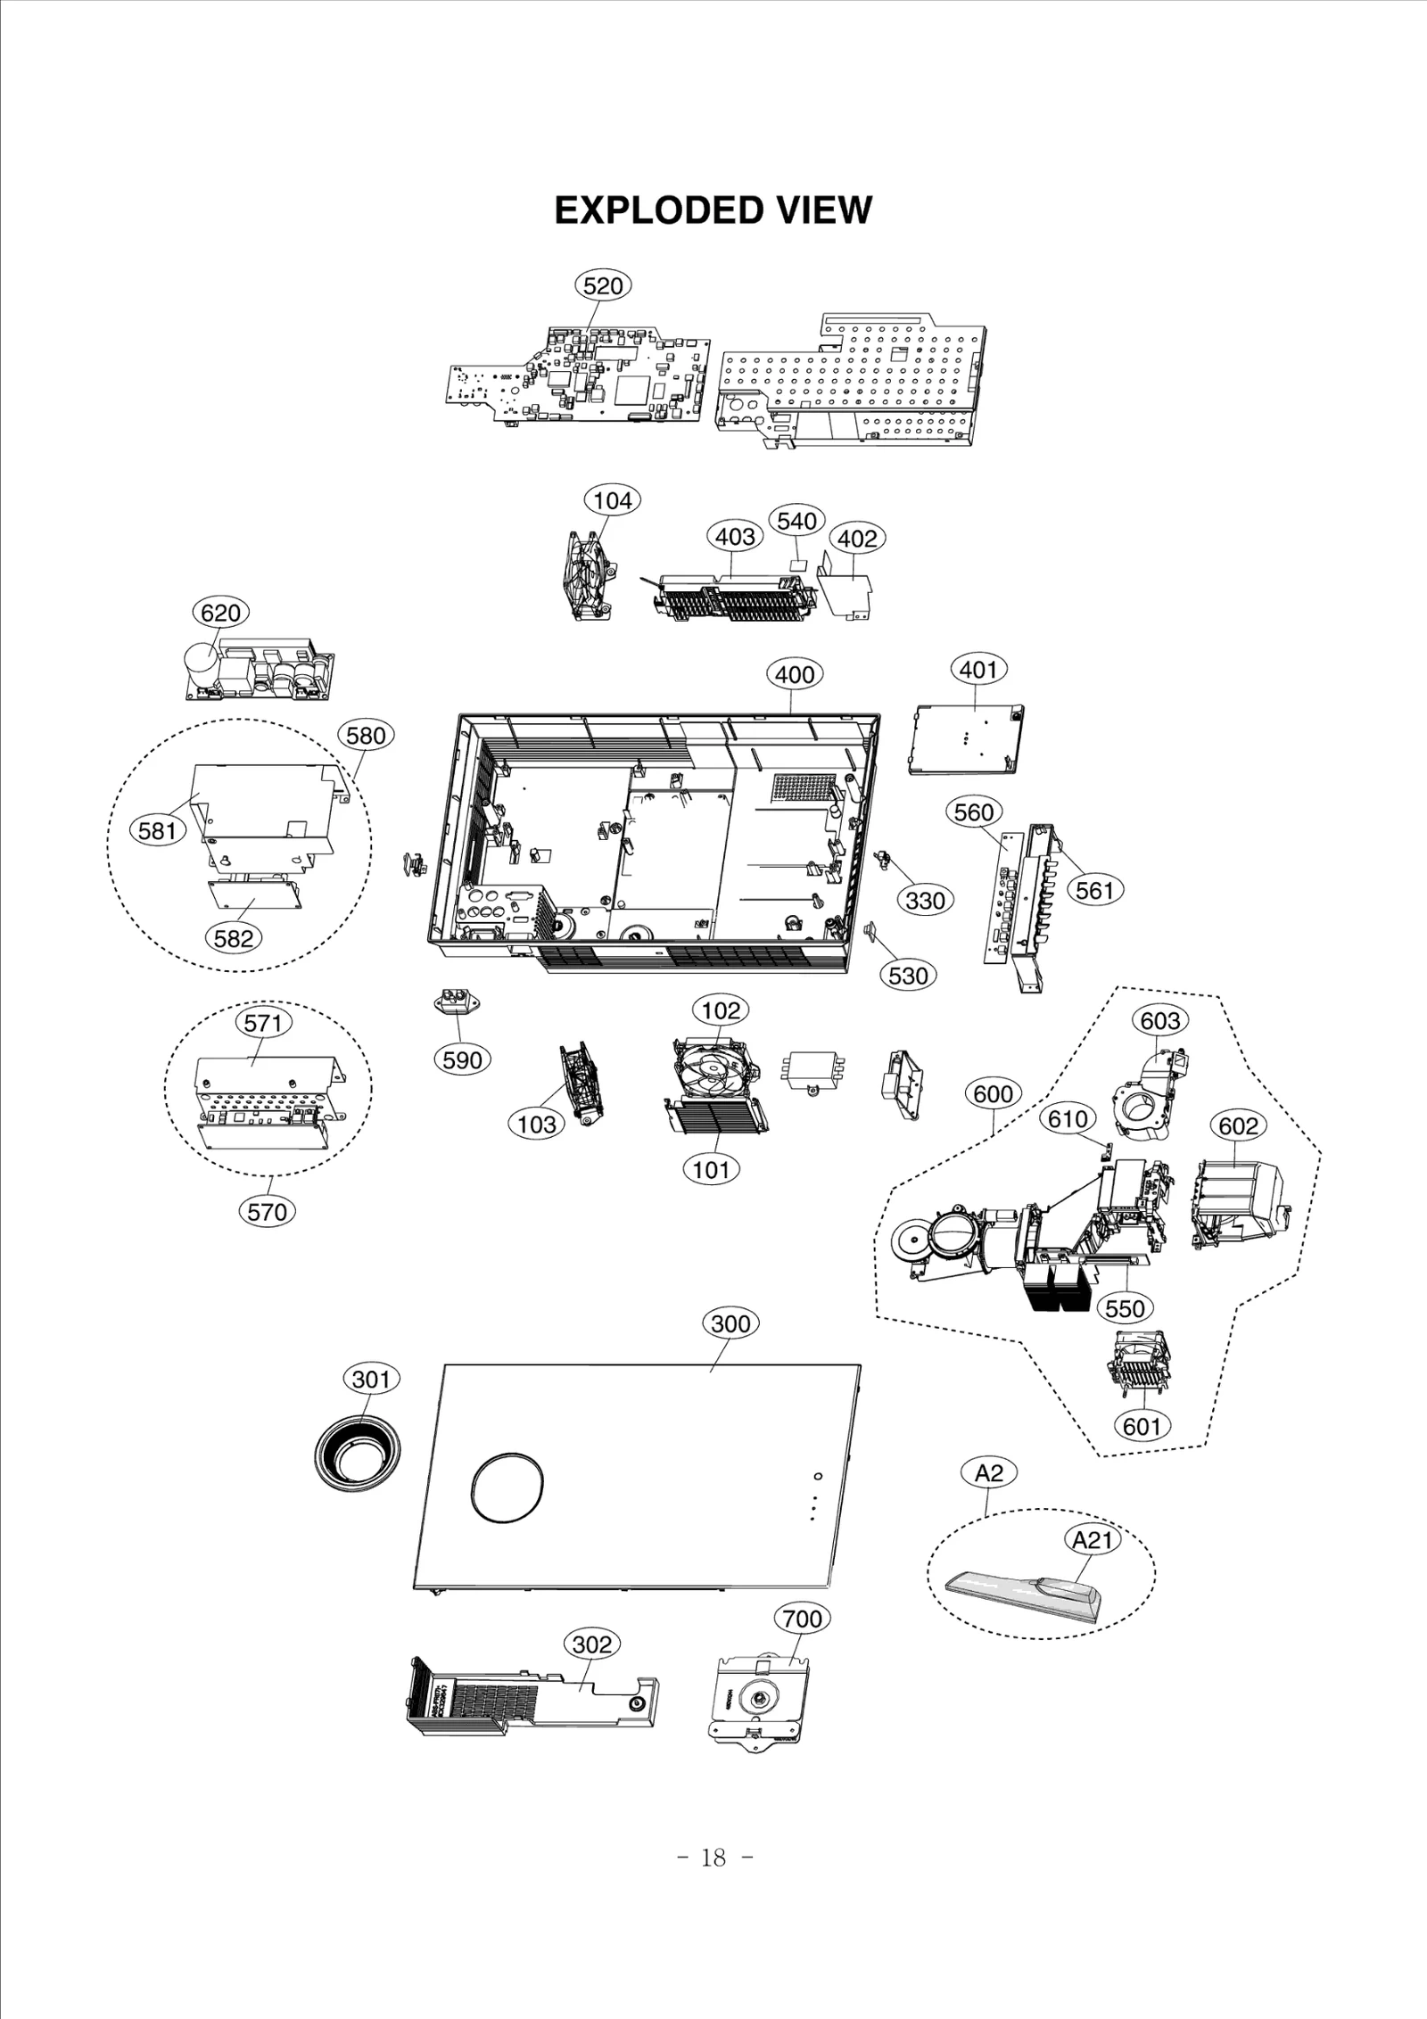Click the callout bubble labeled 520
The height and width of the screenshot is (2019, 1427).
coord(602,286)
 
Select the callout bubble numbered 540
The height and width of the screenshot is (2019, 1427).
coord(796,521)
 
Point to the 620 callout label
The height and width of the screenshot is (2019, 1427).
coord(220,613)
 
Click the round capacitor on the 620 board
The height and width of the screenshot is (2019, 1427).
coord(202,663)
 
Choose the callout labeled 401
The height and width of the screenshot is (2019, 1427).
coord(978,669)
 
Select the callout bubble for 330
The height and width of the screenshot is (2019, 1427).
coord(925,901)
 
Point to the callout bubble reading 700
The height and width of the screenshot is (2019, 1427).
coord(802,1619)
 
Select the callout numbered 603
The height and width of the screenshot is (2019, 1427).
coord(1159,1020)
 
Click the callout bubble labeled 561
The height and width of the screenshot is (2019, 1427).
coord(1095,890)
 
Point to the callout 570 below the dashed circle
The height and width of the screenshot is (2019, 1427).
coord(268,1212)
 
